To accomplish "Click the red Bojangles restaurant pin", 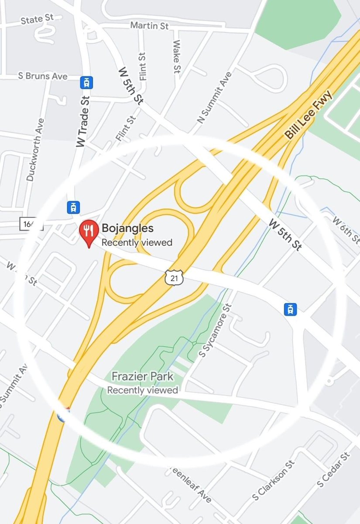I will click(89, 232).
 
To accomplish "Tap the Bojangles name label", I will click(127, 228).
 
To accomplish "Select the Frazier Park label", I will click(142, 376).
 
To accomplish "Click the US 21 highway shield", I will click(174, 277).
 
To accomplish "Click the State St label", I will click(38, 19).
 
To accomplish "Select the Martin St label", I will click(149, 26).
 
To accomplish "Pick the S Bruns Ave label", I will click(43, 76).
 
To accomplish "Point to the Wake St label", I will click(177, 56).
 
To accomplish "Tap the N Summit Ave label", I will click(214, 97).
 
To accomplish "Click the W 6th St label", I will click(346, 230).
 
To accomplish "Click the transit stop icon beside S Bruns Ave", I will click(87, 82).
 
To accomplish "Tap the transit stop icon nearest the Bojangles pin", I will click(73, 207).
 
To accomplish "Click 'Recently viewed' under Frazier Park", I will click(142, 390).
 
